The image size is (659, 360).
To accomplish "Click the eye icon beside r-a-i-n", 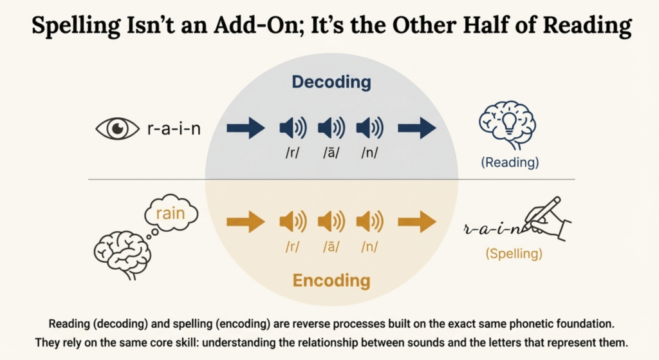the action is click(117, 128).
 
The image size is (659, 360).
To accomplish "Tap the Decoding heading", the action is click(331, 82).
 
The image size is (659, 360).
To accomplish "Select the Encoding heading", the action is click(331, 281).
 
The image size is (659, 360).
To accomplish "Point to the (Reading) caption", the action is click(510, 162).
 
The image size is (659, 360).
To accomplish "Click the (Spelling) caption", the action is click(514, 254).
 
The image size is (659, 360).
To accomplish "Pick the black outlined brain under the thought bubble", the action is click(122, 255).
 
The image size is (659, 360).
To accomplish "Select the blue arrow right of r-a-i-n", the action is click(246, 128).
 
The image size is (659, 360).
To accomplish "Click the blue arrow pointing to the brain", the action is click(417, 128).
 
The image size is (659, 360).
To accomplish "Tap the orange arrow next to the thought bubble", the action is click(246, 222).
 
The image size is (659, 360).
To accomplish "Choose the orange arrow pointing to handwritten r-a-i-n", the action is click(417, 222).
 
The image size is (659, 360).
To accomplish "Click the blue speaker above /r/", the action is click(293, 128).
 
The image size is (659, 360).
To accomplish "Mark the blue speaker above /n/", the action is click(370, 128).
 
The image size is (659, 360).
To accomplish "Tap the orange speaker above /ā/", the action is click(331, 222).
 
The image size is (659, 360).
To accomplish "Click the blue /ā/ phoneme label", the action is click(331, 153).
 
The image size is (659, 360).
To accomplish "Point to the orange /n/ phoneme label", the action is click(370, 246).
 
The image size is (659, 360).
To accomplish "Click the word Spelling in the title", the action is click(76, 26).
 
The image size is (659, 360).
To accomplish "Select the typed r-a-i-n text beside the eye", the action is click(174, 128).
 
